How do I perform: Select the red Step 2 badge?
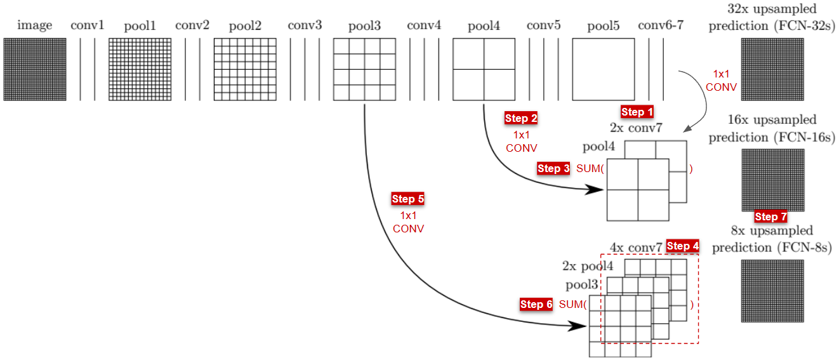521,118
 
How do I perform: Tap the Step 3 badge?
553,168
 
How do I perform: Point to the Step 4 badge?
683,246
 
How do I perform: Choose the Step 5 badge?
408,199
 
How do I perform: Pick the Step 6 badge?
536,304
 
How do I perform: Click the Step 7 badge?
770,217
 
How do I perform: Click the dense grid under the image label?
34,69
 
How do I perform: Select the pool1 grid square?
139,69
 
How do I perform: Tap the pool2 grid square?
245,69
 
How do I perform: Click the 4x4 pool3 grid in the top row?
364,69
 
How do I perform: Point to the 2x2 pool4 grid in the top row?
484,69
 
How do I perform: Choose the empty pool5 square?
603,69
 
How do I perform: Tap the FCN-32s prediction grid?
772,69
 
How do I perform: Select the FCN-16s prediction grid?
772,179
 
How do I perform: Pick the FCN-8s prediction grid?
772,291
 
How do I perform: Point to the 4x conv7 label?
635,247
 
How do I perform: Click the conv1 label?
88,26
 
